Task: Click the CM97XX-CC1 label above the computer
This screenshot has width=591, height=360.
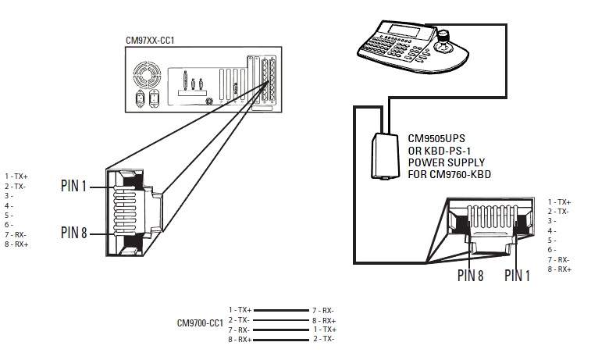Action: [151, 40]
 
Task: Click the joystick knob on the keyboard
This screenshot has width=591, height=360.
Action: [444, 37]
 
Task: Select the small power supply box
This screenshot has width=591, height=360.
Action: [383, 155]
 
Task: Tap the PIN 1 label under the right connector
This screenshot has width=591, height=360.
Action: [518, 275]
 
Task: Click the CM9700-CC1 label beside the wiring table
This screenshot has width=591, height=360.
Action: [201, 323]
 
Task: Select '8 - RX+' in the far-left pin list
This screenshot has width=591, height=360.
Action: [16, 244]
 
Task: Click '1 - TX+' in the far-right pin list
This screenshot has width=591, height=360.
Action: [559, 202]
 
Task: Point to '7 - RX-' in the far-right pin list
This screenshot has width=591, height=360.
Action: [559, 259]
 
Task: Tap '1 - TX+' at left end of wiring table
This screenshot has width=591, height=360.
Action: [239, 310]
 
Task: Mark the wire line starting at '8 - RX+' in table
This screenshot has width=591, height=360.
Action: [280, 339]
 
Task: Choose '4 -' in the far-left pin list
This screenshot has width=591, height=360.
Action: [10, 205]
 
